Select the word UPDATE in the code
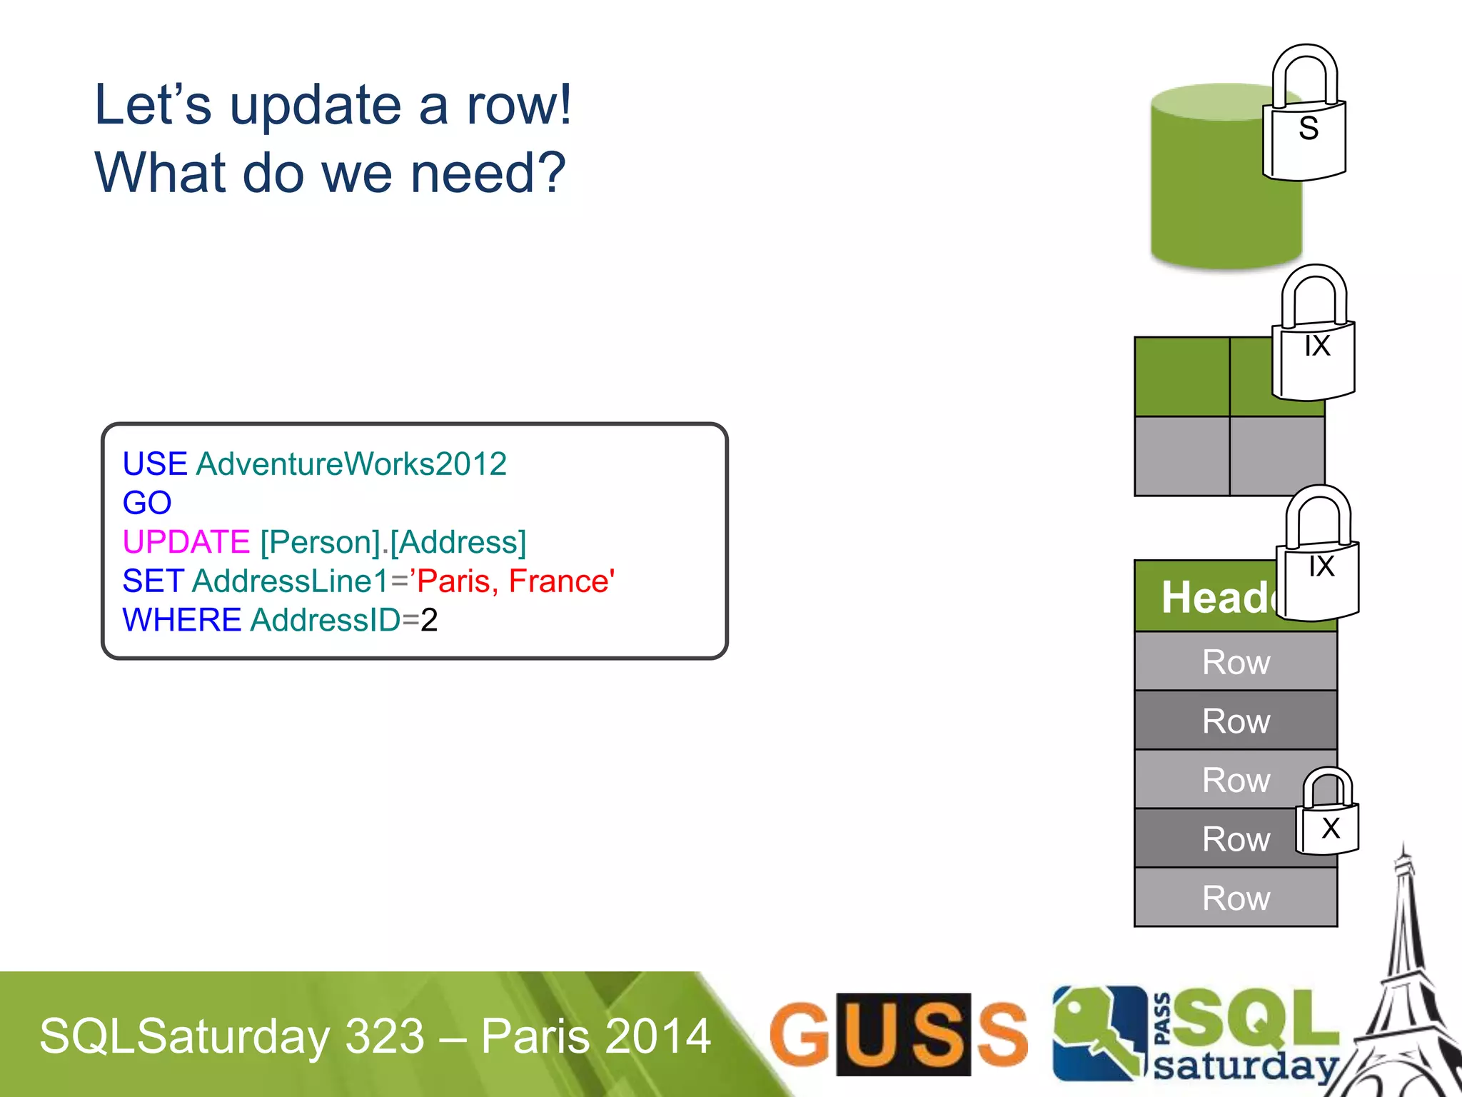[186, 542]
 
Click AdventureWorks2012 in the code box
[351, 464]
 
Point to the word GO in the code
[147, 503]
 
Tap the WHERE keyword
[181, 620]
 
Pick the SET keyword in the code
[153, 581]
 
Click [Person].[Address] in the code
[393, 542]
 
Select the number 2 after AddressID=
[429, 620]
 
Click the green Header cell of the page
[1206, 597]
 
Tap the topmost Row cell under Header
[1235, 662]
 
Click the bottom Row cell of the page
[1235, 898]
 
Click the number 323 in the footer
[385, 1036]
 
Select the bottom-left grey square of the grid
[1181, 456]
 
